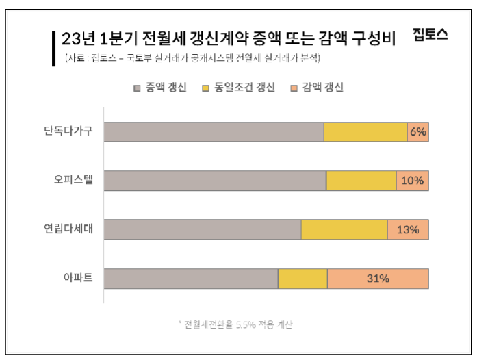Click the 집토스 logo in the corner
430,36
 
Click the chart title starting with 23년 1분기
229,38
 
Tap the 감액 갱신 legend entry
318,88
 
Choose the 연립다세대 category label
68,229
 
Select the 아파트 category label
78,279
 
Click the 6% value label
417,131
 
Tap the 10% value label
412,181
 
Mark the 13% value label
407,229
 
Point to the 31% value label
378,279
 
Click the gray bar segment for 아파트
191,279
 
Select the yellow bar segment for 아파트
302,279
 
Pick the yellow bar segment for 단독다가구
365,131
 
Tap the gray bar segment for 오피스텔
215,181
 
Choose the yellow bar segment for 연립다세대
344,229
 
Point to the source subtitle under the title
194,58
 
